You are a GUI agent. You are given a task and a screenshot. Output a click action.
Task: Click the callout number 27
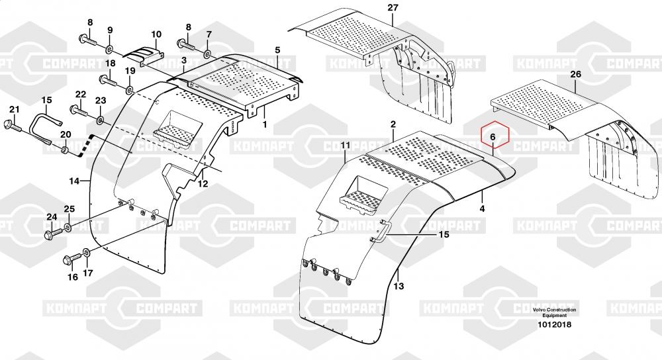(x=393, y=8)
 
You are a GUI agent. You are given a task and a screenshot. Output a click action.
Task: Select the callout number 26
(x=576, y=74)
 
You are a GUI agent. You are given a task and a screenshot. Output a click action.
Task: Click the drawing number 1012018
(x=554, y=324)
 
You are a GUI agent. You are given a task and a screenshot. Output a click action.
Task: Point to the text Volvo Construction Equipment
(x=554, y=313)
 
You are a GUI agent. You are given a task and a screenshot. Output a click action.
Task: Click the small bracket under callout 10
(x=144, y=56)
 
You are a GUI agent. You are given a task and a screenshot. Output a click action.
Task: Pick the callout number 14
(x=74, y=181)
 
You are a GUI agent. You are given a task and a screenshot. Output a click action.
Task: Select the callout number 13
(x=398, y=286)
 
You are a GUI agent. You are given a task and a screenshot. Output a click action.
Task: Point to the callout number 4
(x=482, y=208)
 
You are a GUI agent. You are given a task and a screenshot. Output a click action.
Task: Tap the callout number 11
(x=346, y=146)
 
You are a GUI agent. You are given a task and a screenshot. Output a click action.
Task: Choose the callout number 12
(x=203, y=183)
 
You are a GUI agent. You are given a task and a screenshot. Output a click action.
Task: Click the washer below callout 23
(x=100, y=120)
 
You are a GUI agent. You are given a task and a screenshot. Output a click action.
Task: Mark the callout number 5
(x=277, y=50)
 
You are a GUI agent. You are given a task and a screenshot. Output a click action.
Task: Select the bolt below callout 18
(x=108, y=81)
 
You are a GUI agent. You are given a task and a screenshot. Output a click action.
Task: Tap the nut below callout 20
(x=65, y=150)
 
